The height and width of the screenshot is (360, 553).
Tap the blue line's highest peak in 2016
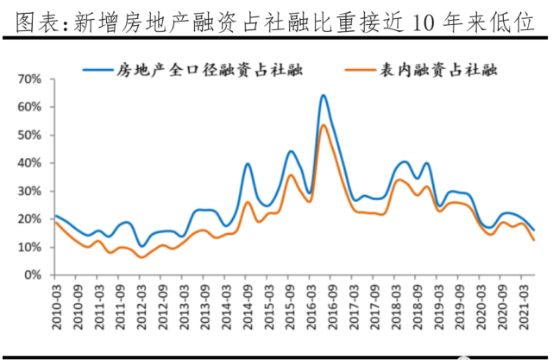(323, 95)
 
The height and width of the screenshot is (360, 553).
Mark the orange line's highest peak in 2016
(323, 125)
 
